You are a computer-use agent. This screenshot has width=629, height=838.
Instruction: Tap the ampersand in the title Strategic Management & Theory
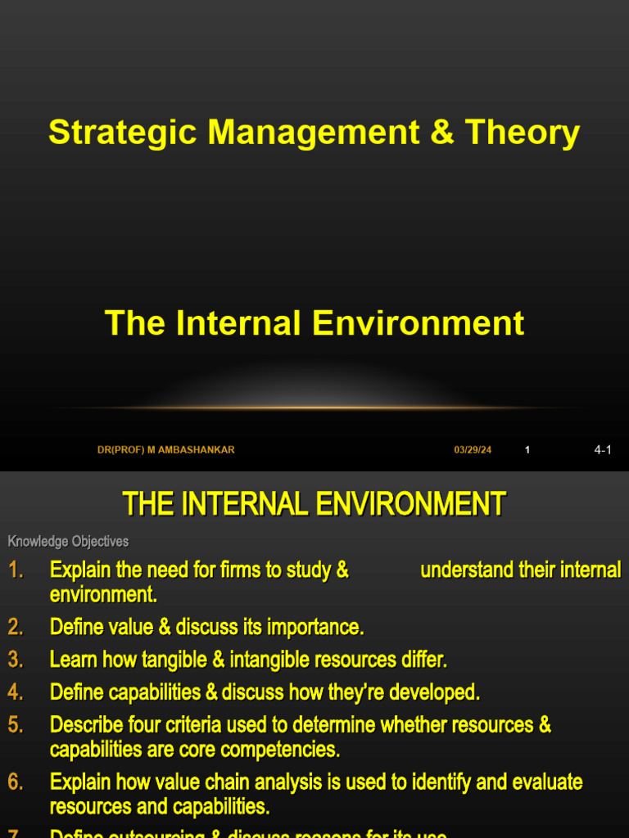point(441,132)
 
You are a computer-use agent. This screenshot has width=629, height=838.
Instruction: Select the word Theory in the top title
point(523,132)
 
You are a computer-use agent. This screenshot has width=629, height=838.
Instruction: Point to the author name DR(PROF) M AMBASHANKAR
point(166,450)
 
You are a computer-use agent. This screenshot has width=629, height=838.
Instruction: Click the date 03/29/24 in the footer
point(473,450)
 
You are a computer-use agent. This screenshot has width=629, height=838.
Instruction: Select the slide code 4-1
point(603,450)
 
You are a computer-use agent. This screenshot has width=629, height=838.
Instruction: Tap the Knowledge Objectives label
point(68,542)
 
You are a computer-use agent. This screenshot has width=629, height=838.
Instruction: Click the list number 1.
point(16,570)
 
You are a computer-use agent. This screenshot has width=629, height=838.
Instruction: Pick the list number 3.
point(16,660)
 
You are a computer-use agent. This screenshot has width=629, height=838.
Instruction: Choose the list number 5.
point(16,725)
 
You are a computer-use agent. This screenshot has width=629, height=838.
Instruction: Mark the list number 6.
point(16,782)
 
